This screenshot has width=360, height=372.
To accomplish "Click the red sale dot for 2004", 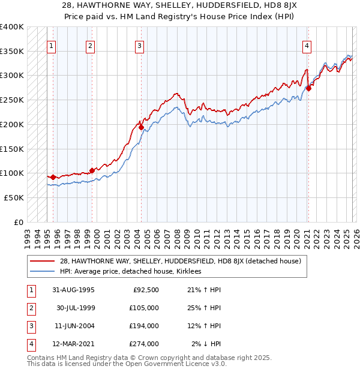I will [x=141, y=127].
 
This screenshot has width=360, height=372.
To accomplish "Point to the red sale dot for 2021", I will [x=308, y=88].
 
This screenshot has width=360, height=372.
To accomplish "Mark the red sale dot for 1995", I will [x=53, y=177].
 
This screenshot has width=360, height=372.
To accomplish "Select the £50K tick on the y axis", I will [x=14, y=197].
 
